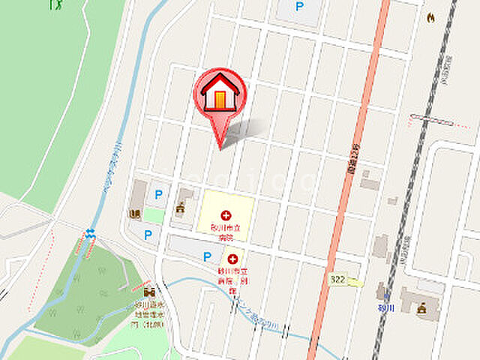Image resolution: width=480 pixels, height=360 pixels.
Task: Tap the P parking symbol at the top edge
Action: (300, 7)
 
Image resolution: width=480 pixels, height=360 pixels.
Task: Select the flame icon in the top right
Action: (430, 17)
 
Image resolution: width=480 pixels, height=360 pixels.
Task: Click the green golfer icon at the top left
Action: (55, 4)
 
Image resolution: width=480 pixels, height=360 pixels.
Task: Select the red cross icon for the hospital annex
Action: (232, 259)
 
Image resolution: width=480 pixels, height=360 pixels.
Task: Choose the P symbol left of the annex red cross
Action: (207, 256)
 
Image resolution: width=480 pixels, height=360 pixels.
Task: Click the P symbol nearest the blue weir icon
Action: (148, 235)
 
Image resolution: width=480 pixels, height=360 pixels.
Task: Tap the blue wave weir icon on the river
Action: (91, 233)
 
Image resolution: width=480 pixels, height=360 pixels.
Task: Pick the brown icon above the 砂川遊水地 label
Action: (148, 291)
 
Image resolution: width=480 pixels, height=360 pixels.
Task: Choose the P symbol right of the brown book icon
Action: (158, 194)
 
